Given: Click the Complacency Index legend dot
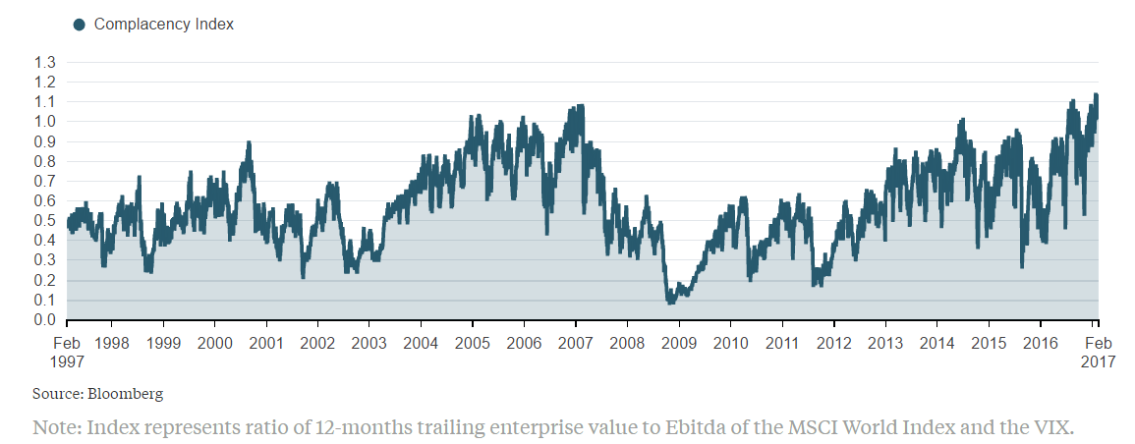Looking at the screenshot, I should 80,24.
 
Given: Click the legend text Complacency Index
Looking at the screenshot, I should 163,24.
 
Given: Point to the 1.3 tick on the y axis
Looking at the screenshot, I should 45,62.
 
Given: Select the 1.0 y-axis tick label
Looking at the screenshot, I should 45,122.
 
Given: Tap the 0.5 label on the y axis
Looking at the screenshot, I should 45,221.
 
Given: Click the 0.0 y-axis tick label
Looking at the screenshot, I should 45,320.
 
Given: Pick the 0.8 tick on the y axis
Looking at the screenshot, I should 45,161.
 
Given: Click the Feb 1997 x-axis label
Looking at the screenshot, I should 66,352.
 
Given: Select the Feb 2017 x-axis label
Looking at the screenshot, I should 1098,352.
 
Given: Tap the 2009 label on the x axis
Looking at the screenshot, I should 679,343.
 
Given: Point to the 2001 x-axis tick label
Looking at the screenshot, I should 265,343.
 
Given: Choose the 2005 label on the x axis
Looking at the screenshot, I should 473,343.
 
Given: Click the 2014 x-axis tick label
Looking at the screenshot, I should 937,343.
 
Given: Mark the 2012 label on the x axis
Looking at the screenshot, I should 834,343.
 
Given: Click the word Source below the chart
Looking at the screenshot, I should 56,394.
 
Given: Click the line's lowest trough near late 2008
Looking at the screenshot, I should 670,302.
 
